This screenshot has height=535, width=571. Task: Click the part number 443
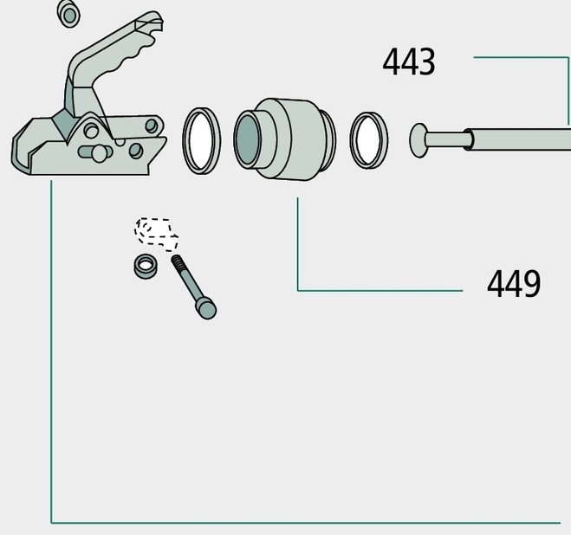click(409, 62)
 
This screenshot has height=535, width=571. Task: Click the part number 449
click(514, 284)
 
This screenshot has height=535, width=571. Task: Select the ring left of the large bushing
click(201, 140)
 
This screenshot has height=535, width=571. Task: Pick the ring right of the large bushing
click(369, 139)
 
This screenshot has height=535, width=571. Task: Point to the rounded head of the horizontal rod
click(419, 140)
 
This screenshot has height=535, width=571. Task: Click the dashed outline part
click(156, 234)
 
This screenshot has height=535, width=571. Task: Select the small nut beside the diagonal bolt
click(146, 266)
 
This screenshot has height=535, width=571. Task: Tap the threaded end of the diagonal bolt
click(178, 263)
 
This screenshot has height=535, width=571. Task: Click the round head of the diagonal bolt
click(206, 308)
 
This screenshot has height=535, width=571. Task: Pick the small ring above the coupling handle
click(68, 14)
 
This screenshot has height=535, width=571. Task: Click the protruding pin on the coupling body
click(95, 152)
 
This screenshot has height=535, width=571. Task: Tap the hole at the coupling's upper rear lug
click(152, 126)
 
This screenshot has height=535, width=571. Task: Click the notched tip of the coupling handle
click(152, 22)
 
